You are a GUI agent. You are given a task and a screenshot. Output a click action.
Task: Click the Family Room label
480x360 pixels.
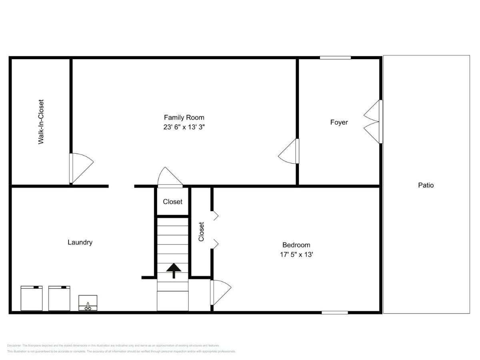[184, 117]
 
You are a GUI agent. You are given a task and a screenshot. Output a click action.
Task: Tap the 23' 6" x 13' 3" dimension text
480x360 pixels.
[184, 127]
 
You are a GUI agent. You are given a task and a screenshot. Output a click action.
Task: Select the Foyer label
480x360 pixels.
[339, 122]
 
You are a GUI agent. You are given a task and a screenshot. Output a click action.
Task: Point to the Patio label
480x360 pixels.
[426, 185]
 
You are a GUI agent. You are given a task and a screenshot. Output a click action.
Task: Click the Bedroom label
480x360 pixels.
[296, 245]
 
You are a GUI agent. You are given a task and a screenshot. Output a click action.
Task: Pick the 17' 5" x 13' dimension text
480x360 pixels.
[296, 255]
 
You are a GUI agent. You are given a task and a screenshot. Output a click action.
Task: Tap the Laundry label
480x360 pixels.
[80, 242]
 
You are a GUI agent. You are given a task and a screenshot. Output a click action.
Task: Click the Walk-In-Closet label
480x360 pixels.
[41, 122]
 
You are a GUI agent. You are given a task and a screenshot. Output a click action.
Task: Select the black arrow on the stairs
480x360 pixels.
[174, 270]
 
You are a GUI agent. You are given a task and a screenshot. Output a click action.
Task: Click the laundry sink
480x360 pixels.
[88, 303]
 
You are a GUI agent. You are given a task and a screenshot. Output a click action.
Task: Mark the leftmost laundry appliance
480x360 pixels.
[32, 298]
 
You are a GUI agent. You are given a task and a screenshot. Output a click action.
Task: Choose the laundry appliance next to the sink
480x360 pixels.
[59, 298]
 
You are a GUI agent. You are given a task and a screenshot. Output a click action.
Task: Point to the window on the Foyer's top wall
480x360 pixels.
[335, 58]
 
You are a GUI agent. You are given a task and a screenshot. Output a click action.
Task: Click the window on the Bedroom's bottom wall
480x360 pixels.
[335, 312]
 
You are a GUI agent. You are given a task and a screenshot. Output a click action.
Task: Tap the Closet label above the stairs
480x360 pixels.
[172, 202]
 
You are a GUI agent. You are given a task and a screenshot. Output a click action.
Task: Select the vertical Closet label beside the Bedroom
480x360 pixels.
[201, 232]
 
